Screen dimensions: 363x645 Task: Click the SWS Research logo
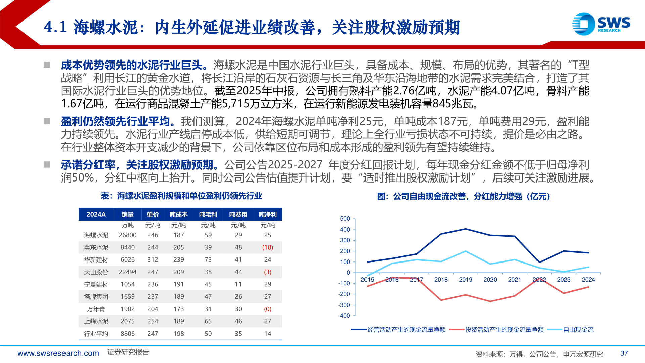click(x=601, y=24)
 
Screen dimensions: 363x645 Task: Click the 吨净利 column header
click(x=267, y=214)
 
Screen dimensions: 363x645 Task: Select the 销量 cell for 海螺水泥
click(x=128, y=235)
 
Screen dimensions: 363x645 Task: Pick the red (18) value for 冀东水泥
click(x=267, y=247)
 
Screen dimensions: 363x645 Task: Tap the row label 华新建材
click(x=96, y=260)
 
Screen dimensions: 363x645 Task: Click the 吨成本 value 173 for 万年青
click(x=178, y=309)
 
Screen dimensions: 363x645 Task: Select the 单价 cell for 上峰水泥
click(x=153, y=321)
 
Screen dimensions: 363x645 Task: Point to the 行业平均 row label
click(x=96, y=334)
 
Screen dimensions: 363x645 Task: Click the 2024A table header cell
click(x=96, y=214)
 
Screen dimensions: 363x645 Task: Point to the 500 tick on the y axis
click(x=345, y=219)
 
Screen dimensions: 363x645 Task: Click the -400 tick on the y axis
click(x=344, y=316)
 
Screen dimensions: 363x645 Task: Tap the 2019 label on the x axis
click(x=465, y=280)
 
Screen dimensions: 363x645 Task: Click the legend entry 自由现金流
click(x=578, y=330)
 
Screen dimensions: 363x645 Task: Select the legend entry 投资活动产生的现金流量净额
click(x=504, y=330)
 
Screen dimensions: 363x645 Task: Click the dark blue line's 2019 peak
click(x=466, y=229)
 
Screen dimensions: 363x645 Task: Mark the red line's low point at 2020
click(x=490, y=301)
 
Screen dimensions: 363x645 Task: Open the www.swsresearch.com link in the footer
click(x=58, y=353)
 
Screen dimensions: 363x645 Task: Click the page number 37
click(x=624, y=353)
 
